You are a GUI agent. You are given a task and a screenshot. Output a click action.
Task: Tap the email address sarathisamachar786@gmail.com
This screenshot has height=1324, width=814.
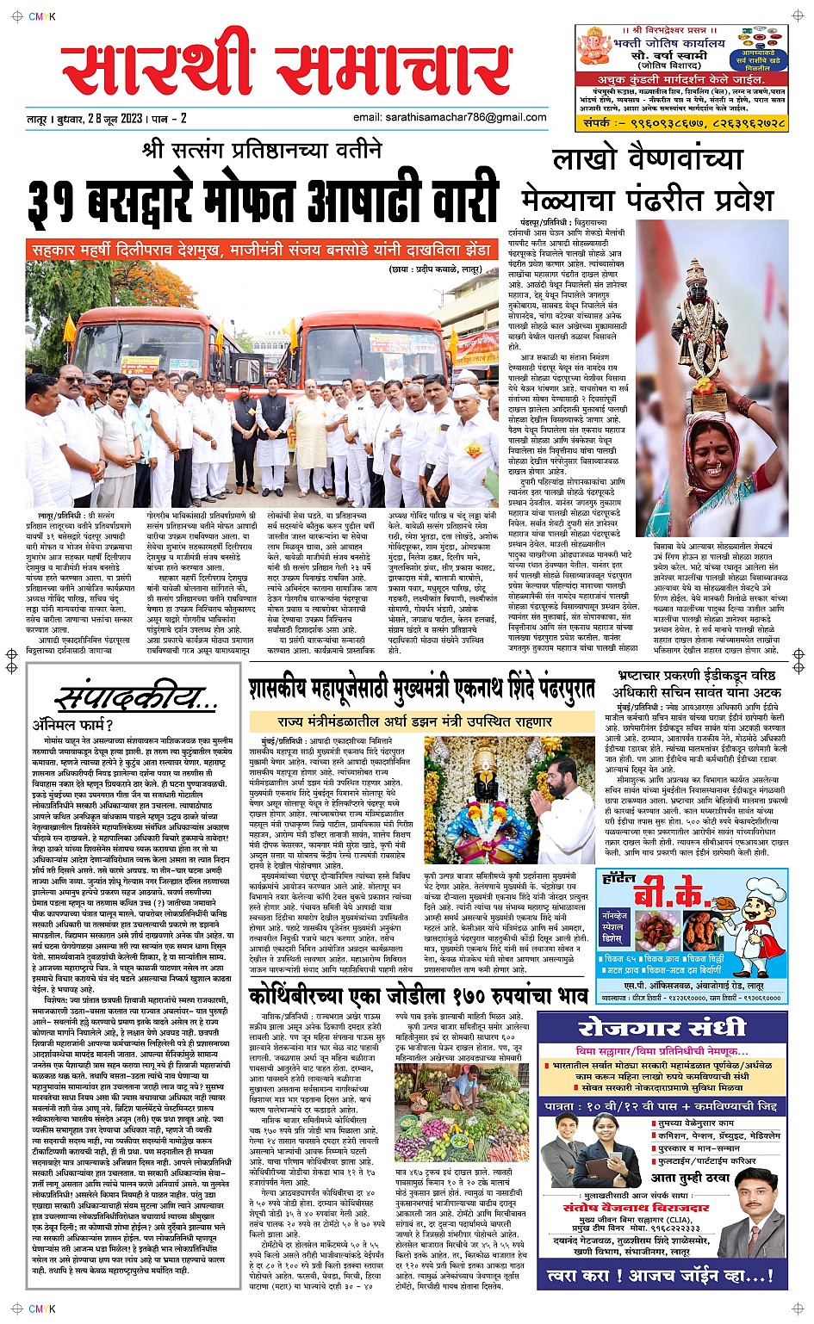[450, 117]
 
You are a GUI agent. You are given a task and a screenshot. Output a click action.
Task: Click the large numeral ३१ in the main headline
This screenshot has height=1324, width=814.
[54, 202]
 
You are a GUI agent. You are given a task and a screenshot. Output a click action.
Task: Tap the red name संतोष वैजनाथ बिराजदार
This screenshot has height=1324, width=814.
[636, 1207]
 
